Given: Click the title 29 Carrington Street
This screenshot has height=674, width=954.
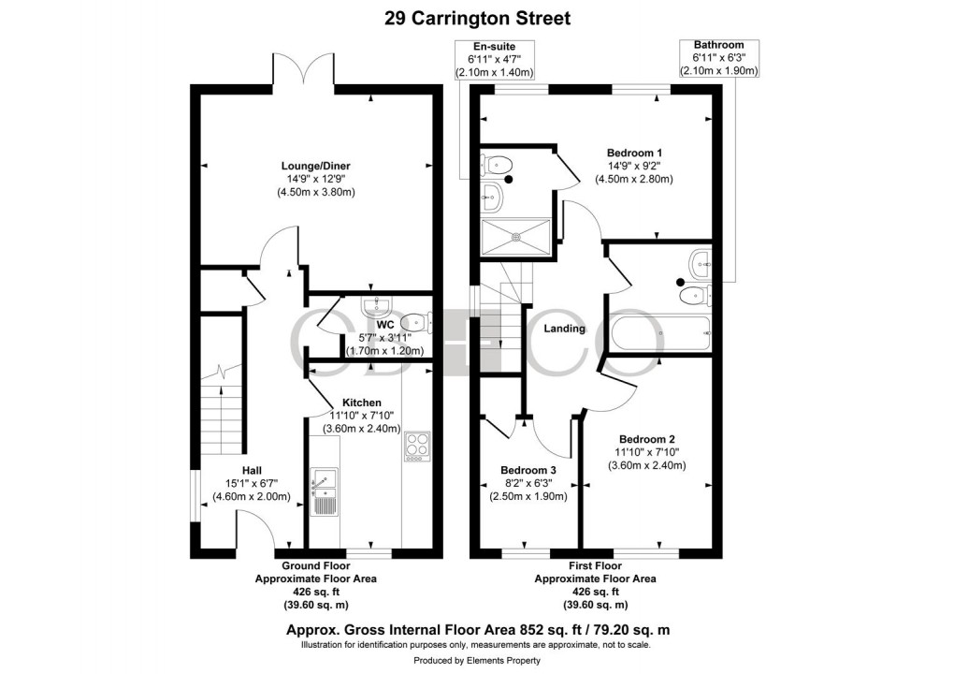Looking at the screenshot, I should pyautogui.click(x=477, y=18).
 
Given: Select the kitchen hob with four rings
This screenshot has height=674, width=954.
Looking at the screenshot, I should pyautogui.click(x=416, y=447).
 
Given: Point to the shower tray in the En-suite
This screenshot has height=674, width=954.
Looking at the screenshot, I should pyautogui.click(x=516, y=238).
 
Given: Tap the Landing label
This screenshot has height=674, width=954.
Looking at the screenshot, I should pyautogui.click(x=565, y=329).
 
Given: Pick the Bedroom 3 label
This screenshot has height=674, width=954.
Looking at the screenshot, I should pyautogui.click(x=528, y=470).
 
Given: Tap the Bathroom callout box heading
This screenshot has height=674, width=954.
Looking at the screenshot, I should pyautogui.click(x=717, y=45).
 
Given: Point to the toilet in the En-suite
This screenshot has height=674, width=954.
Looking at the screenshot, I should pyautogui.click(x=494, y=165).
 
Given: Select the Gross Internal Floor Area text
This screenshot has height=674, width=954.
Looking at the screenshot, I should pyautogui.click(x=477, y=630).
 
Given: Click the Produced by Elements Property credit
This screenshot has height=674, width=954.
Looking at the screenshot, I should pyautogui.click(x=477, y=661).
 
